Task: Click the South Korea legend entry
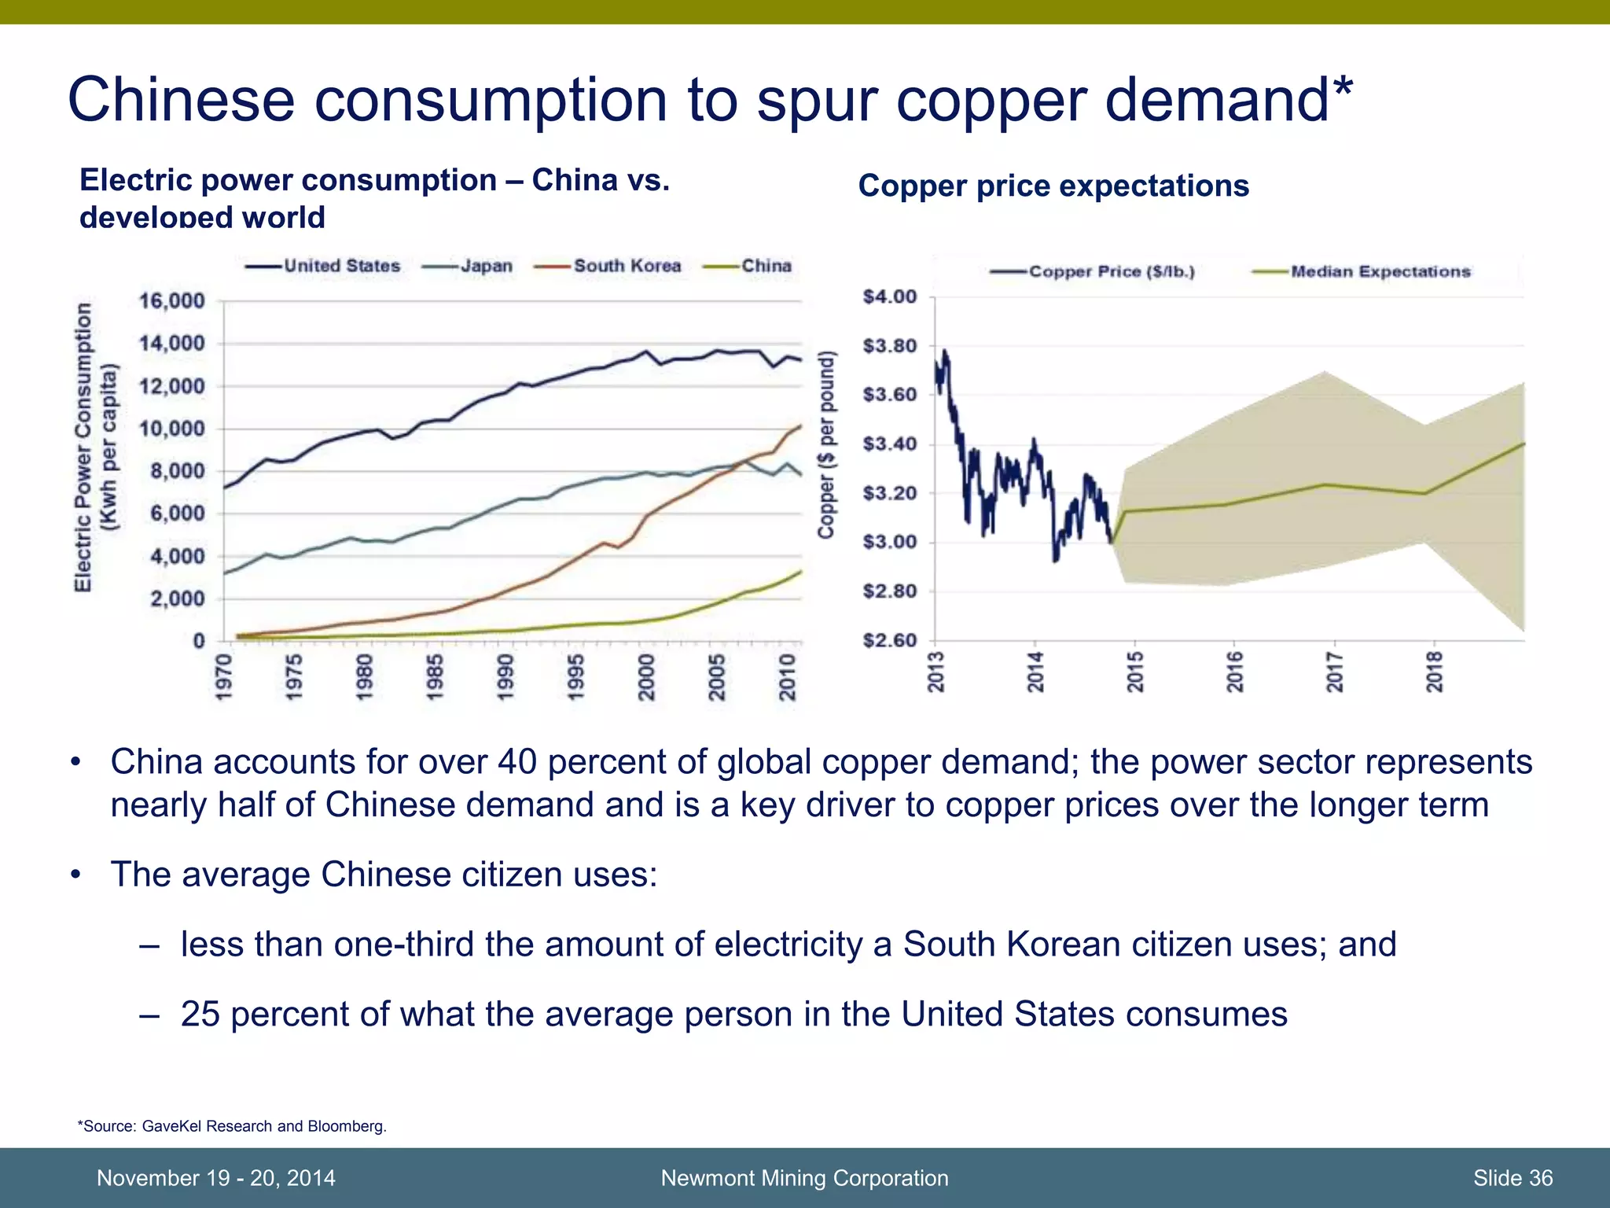(x=626, y=266)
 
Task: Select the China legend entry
(x=765, y=266)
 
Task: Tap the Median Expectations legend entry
(x=1380, y=272)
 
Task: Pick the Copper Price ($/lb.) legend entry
(x=1111, y=272)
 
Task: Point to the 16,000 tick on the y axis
(x=171, y=301)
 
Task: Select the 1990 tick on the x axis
(x=505, y=676)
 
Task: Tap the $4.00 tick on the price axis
(x=890, y=297)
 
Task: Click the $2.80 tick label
(x=890, y=591)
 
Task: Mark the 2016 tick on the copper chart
(x=1235, y=672)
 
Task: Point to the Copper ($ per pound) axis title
(x=825, y=444)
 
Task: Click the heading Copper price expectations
(x=1053, y=186)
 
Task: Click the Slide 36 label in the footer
(x=1513, y=1178)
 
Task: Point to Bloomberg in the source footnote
(x=346, y=1126)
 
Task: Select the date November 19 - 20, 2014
(x=215, y=1178)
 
